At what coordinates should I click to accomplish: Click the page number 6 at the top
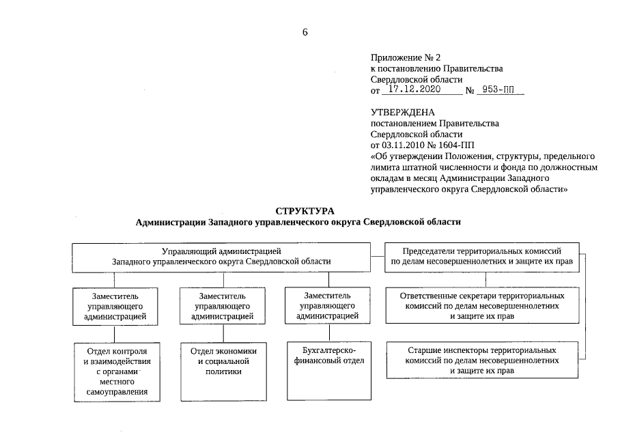pos(305,32)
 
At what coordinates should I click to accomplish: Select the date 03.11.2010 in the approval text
pos(402,145)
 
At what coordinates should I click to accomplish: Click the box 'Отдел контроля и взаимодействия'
pos(113,370)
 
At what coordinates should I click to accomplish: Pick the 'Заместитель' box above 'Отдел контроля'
pos(113,306)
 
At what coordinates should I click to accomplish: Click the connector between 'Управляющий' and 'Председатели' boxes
pos(376,255)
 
